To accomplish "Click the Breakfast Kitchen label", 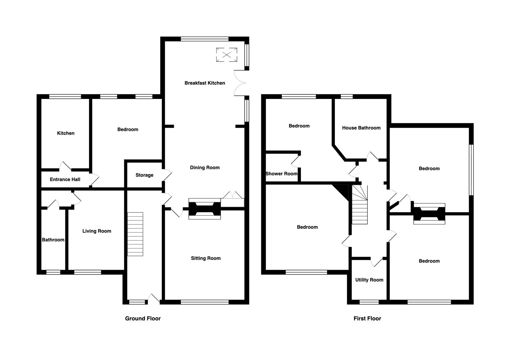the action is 205,83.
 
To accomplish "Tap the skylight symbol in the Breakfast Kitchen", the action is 226,55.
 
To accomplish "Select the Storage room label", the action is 144,175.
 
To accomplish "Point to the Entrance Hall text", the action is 65,179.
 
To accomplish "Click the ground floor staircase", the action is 135,234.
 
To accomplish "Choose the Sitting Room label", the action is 205,258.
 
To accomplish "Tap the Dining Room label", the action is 205,167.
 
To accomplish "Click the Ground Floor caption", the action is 143,318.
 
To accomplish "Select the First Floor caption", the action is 367,318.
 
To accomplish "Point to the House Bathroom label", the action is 361,128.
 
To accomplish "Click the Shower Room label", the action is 282,174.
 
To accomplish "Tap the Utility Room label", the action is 369,280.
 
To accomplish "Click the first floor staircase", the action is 360,204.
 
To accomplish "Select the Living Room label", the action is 97,231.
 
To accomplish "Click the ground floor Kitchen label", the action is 66,133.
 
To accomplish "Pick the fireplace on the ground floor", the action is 204,209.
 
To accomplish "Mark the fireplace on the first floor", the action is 429,214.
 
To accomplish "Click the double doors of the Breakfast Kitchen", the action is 240,83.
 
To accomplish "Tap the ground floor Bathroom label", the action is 53,240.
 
